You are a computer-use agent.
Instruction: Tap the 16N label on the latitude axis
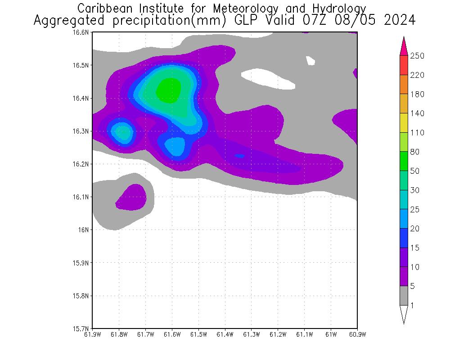tap(86, 230)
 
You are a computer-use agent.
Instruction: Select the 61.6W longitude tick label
tap(172, 334)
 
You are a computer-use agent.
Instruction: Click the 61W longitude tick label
tap(331, 334)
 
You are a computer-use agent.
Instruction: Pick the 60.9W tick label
tap(357, 334)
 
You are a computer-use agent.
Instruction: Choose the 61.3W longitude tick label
tap(251, 334)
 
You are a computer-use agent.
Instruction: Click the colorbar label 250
tap(417, 56)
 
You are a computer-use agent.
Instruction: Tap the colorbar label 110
tap(417, 132)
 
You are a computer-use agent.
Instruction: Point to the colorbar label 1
tap(412, 306)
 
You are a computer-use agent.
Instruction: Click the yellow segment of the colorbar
tap(404, 123)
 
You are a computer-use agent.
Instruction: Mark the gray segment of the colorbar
tap(404, 296)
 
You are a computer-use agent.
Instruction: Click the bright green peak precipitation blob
tap(168, 90)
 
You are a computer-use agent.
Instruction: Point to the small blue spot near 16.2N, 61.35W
tap(239, 156)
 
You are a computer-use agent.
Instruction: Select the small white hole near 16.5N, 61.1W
tap(310, 60)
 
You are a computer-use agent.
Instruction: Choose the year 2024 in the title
tap(400, 21)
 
